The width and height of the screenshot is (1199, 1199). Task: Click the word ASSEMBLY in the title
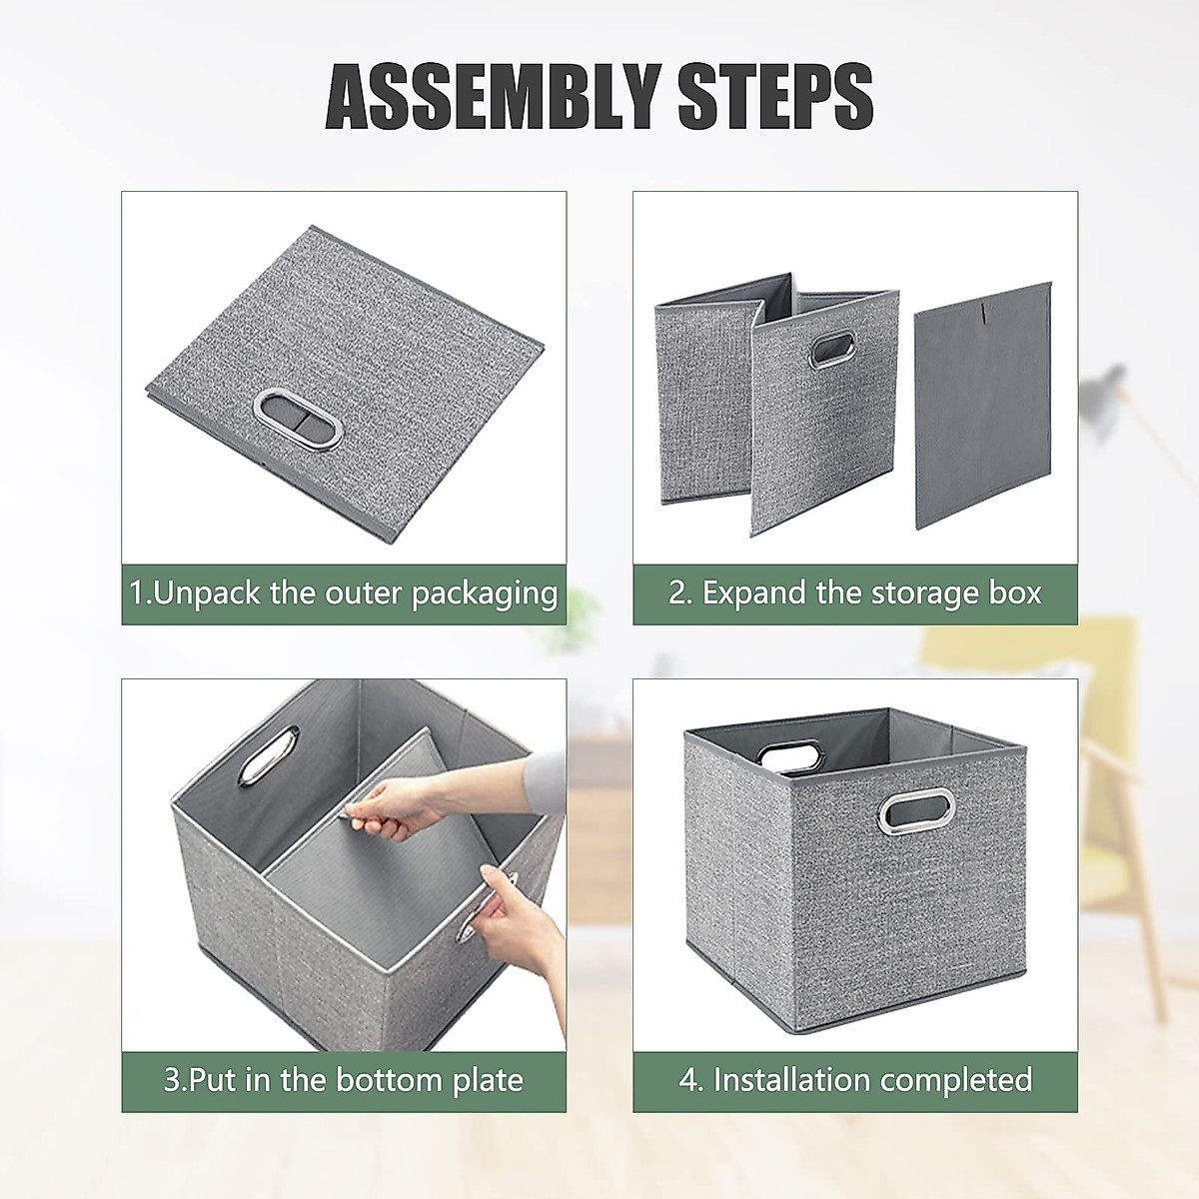point(487,96)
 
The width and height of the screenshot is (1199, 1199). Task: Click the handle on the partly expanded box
point(826,354)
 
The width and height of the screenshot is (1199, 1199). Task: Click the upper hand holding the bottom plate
point(400,805)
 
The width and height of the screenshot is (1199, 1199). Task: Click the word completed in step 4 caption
point(956,1080)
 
